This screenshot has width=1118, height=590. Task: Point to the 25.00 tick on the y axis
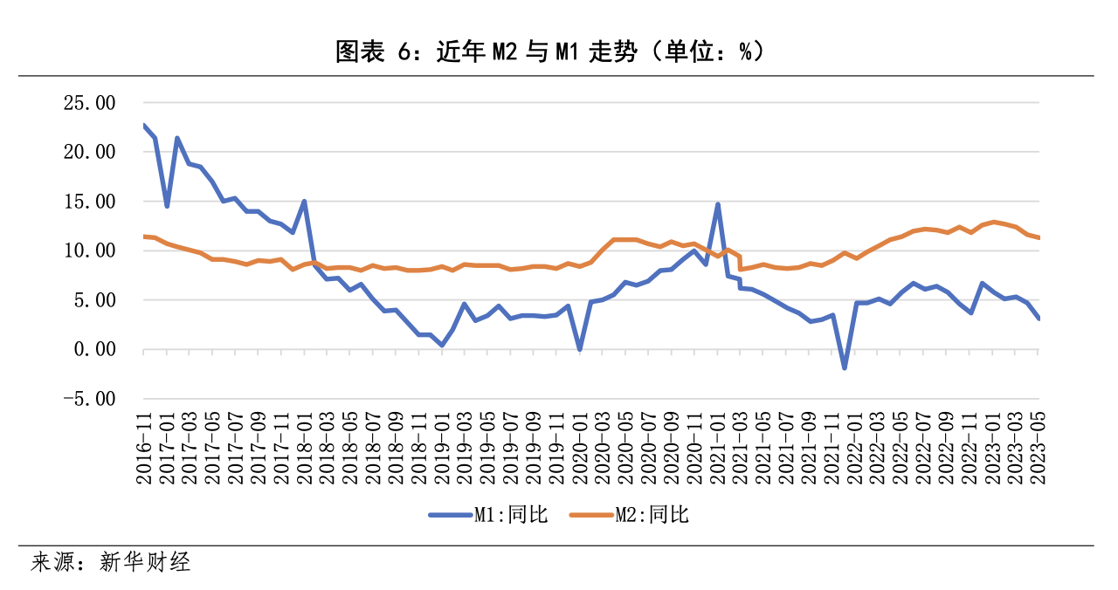coord(91,103)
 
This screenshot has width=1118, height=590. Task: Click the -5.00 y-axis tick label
coord(91,399)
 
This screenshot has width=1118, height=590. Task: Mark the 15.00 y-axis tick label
coord(91,202)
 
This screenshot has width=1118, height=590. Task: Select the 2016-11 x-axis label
coord(143,449)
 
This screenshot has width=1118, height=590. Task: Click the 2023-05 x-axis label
coord(1039,449)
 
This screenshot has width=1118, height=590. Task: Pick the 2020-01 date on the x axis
coord(579,449)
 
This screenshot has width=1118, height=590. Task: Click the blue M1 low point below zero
coord(845,368)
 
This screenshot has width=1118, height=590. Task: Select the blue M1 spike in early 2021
coord(717,204)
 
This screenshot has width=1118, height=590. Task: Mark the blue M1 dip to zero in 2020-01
coord(579,349)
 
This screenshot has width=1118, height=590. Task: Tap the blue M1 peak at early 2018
coord(304,201)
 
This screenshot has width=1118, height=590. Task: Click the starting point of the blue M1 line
coord(143,125)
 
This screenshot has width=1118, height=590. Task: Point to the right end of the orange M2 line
coord(1039,237)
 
